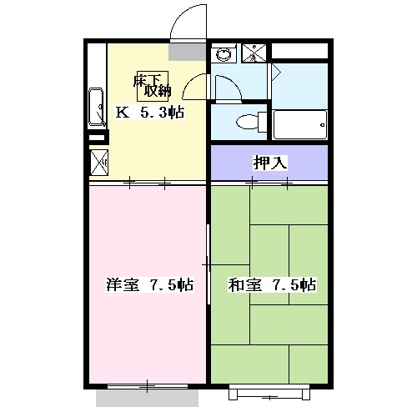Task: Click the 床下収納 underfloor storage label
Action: (x=152, y=86)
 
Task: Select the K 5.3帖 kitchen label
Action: (x=149, y=113)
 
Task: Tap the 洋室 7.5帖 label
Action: (x=149, y=284)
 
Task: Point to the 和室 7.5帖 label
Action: (x=272, y=284)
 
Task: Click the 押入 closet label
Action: (x=269, y=163)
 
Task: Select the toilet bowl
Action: (x=247, y=123)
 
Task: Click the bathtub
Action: (x=299, y=125)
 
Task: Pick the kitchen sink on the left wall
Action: (x=96, y=107)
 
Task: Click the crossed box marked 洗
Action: (x=254, y=53)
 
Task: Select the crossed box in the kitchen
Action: (x=99, y=163)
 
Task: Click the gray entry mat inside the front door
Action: (x=187, y=52)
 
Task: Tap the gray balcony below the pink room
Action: (x=147, y=398)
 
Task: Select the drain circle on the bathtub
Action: (x=323, y=125)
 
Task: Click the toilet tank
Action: (x=263, y=122)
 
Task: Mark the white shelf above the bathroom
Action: (x=299, y=51)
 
